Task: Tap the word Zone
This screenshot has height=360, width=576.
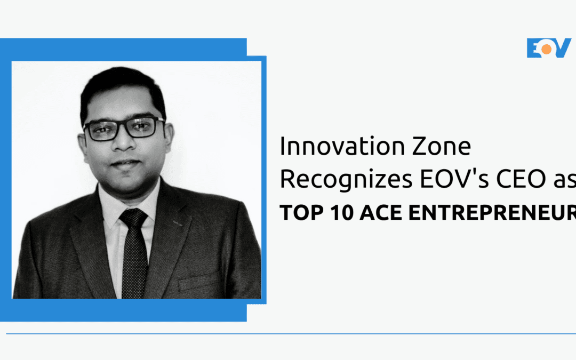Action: [x=439, y=147]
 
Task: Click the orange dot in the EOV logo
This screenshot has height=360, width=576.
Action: [x=547, y=48]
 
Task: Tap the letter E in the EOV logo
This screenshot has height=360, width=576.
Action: [x=534, y=48]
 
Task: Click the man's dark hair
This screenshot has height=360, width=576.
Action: [x=123, y=85]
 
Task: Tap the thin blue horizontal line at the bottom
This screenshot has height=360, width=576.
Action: [x=288, y=334]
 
